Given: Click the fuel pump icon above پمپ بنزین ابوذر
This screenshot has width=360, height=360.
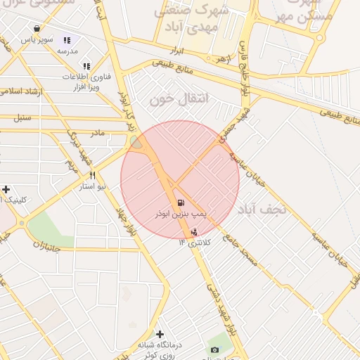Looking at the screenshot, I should click(x=181, y=202).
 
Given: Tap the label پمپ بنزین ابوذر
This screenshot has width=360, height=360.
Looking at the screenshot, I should click(x=181, y=212).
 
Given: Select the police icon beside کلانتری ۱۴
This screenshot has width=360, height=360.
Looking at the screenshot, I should click(x=194, y=231).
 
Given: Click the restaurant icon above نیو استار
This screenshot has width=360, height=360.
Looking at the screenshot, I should click(x=92, y=175).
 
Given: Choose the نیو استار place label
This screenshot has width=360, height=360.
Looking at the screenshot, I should click(x=92, y=186).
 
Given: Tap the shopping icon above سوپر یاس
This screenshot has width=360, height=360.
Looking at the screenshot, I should click(x=37, y=29).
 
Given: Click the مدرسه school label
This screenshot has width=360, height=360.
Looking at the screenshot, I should click(x=67, y=51).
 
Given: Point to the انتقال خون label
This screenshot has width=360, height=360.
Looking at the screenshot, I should click(x=172, y=100).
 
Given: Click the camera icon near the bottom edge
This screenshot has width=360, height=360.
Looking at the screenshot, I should click(x=214, y=349).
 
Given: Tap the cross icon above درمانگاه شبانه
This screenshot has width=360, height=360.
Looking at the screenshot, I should click(x=160, y=334).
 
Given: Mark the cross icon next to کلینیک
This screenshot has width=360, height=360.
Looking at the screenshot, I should click(x=6, y=189).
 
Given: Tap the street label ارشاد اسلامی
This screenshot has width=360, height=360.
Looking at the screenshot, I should click(x=21, y=91).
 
